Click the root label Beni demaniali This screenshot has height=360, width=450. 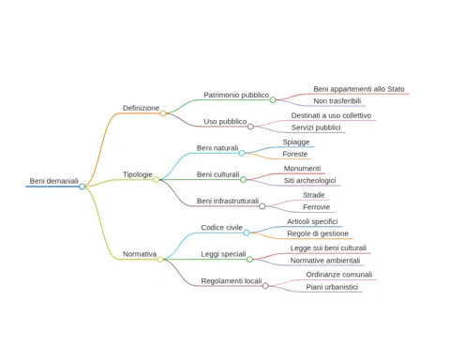click(x=54, y=181)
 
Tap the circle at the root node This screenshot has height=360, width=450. click(x=82, y=187)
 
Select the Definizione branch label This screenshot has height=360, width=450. click(x=141, y=108)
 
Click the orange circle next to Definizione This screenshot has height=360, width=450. click(x=163, y=113)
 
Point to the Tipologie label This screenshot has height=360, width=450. click(x=138, y=174)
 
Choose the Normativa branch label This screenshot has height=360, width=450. click(x=140, y=254)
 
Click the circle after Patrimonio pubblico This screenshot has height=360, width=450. click(x=273, y=100)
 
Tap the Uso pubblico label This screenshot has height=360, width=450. click(x=225, y=122)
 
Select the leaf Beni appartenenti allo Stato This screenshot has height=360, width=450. click(x=359, y=89)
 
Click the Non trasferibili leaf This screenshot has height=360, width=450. click(x=337, y=101)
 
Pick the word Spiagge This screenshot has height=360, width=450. click(x=296, y=142)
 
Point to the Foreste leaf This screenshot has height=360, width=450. click(x=295, y=154)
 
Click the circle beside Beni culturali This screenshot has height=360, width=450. click(x=243, y=180)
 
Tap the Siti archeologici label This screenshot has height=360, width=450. click(x=309, y=181)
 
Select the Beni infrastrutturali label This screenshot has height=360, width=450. click(x=228, y=201)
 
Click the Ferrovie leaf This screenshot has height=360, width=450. click(x=317, y=207)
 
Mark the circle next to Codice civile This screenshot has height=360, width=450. click(x=247, y=232)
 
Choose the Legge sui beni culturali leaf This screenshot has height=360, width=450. click(x=328, y=248)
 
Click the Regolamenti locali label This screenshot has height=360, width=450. click(x=232, y=281)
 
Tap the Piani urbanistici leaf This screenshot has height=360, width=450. click(x=332, y=287)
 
